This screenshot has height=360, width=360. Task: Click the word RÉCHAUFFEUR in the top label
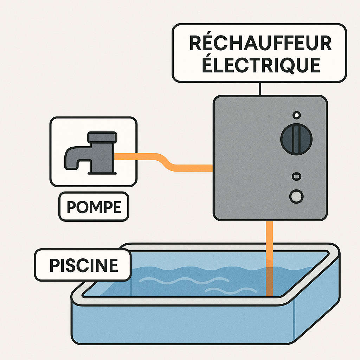[x=260, y=44]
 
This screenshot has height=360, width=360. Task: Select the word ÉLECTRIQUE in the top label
[x=260, y=65]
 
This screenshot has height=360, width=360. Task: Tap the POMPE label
[x=94, y=207]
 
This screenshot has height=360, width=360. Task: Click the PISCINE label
[x=83, y=265]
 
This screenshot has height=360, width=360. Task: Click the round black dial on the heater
[x=296, y=139]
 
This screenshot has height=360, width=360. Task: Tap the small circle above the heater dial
[x=296, y=115]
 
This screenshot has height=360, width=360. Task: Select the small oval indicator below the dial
[x=296, y=176]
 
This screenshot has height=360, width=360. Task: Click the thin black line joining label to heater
[x=260, y=89]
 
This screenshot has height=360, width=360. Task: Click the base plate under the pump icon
[x=102, y=173]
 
